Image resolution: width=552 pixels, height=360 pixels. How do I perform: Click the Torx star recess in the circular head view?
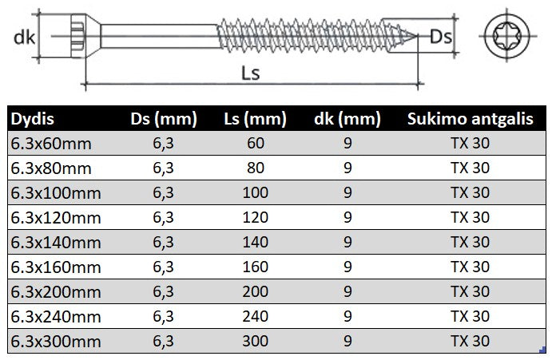coord(511,36)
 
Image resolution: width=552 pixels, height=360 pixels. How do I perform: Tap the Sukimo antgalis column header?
coord(470,121)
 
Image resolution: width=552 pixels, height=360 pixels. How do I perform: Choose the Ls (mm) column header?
coord(255,121)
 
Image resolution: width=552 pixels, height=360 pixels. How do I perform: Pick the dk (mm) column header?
coord(347,121)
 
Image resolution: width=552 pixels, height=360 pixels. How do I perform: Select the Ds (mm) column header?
coord(163,121)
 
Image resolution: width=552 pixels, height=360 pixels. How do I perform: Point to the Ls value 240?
coord(255,317)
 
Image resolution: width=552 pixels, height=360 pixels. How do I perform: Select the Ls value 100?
coord(255,194)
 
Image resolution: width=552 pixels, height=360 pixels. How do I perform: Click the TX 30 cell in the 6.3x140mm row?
coord(470,243)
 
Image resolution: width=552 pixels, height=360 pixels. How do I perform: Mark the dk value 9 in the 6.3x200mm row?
coord(347,292)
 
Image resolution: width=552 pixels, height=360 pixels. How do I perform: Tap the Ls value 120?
coord(255,219)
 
